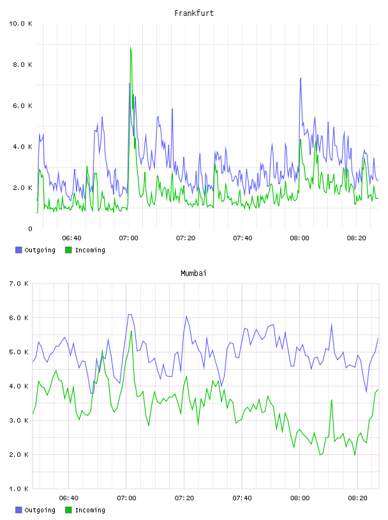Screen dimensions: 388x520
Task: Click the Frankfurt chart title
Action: pyautogui.click(x=194, y=13)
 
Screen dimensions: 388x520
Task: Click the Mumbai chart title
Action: pyautogui.click(x=193, y=273)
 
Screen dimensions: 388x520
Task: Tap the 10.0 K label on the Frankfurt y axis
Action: pyautogui.click(x=20, y=24)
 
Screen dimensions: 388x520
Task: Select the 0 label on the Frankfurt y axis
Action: pyautogui.click(x=30, y=229)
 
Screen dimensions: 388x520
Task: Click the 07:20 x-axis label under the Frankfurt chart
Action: pyautogui.click(x=185, y=238)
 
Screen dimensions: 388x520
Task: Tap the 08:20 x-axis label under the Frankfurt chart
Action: pyautogui.click(x=357, y=238)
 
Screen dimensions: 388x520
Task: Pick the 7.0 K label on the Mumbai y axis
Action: pyautogui.click(x=19, y=284)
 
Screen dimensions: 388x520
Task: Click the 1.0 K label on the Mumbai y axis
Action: pyautogui.click(x=19, y=489)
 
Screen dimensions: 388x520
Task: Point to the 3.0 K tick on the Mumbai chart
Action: pyautogui.click(x=19, y=421)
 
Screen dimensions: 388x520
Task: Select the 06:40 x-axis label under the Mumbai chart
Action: pyautogui.click(x=69, y=498)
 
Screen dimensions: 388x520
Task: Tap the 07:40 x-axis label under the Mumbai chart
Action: pyautogui.click(x=242, y=498)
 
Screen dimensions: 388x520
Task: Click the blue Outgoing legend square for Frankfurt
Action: pyautogui.click(x=19, y=250)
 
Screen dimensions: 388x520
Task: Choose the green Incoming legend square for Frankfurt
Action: pyautogui.click(x=68, y=250)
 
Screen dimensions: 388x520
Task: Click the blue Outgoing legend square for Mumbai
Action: pyautogui.click(x=19, y=510)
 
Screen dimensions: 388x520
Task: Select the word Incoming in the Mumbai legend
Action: pyautogui.click(x=90, y=510)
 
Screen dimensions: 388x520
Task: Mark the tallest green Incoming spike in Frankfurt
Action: pyautogui.click(x=131, y=47)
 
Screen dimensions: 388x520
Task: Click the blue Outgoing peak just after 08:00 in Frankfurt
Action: pyautogui.click(x=301, y=78)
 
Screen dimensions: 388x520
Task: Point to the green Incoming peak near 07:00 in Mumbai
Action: pyautogui.click(x=131, y=331)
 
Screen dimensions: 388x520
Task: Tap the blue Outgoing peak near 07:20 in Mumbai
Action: pyautogui.click(x=186, y=316)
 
